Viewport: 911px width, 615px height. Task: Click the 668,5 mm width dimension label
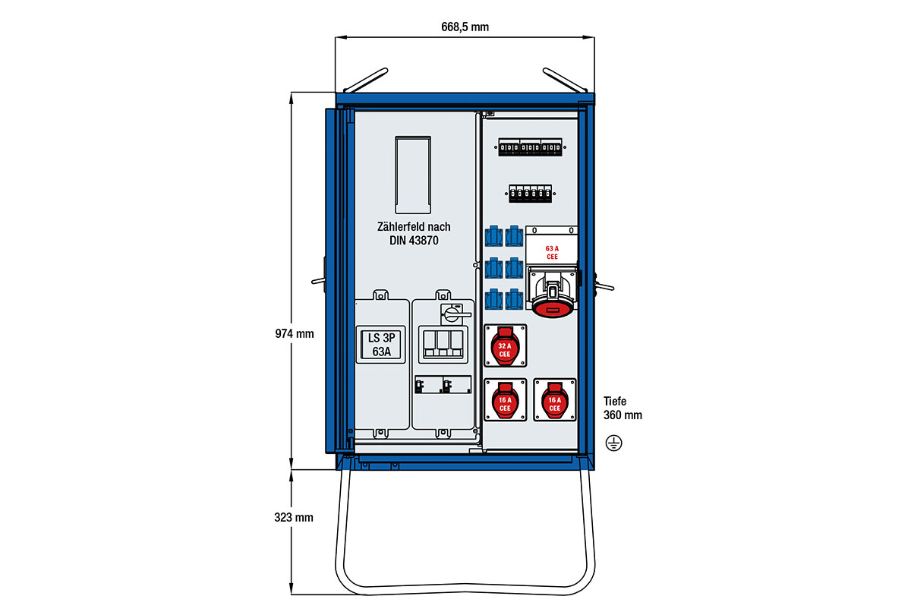(465, 27)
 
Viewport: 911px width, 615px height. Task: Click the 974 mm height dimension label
(295, 333)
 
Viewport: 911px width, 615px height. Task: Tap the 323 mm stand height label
(294, 518)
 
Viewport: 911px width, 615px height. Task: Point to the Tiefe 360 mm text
(623, 408)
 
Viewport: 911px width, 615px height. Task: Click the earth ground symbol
(613, 443)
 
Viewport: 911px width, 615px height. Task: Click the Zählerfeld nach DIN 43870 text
(413, 233)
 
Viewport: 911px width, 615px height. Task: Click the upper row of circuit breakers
(529, 147)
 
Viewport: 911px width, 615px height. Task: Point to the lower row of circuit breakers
(529, 194)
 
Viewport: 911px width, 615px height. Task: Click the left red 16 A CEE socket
(504, 400)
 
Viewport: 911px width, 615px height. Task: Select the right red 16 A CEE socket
(554, 400)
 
